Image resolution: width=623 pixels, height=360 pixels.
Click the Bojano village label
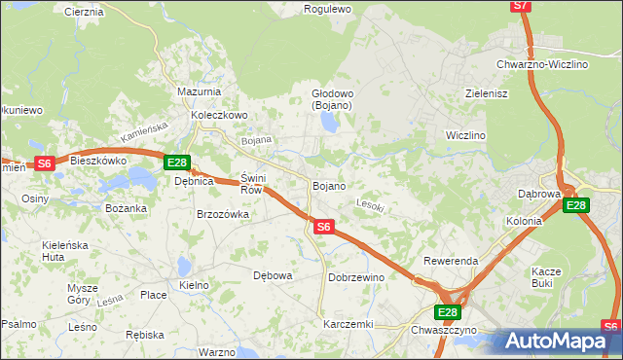(x=328, y=185)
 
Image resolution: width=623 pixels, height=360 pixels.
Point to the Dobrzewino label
(x=356, y=277)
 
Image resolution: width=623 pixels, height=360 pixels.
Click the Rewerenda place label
(x=450, y=262)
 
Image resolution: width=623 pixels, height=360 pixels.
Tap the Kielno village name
(x=195, y=285)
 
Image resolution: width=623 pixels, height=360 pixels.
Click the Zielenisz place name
(x=487, y=93)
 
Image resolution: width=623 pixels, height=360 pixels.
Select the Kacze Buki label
(x=547, y=276)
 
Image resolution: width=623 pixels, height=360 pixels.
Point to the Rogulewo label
(x=327, y=9)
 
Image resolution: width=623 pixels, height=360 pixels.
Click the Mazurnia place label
(x=200, y=91)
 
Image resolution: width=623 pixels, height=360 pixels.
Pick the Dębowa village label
(x=273, y=275)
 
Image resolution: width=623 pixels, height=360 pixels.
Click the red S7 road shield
(x=522, y=6)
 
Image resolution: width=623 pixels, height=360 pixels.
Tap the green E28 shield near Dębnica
(x=176, y=162)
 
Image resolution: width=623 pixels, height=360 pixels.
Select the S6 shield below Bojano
(x=325, y=227)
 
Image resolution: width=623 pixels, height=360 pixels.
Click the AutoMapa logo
(x=557, y=341)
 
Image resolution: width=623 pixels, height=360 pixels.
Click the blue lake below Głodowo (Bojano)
(x=328, y=123)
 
